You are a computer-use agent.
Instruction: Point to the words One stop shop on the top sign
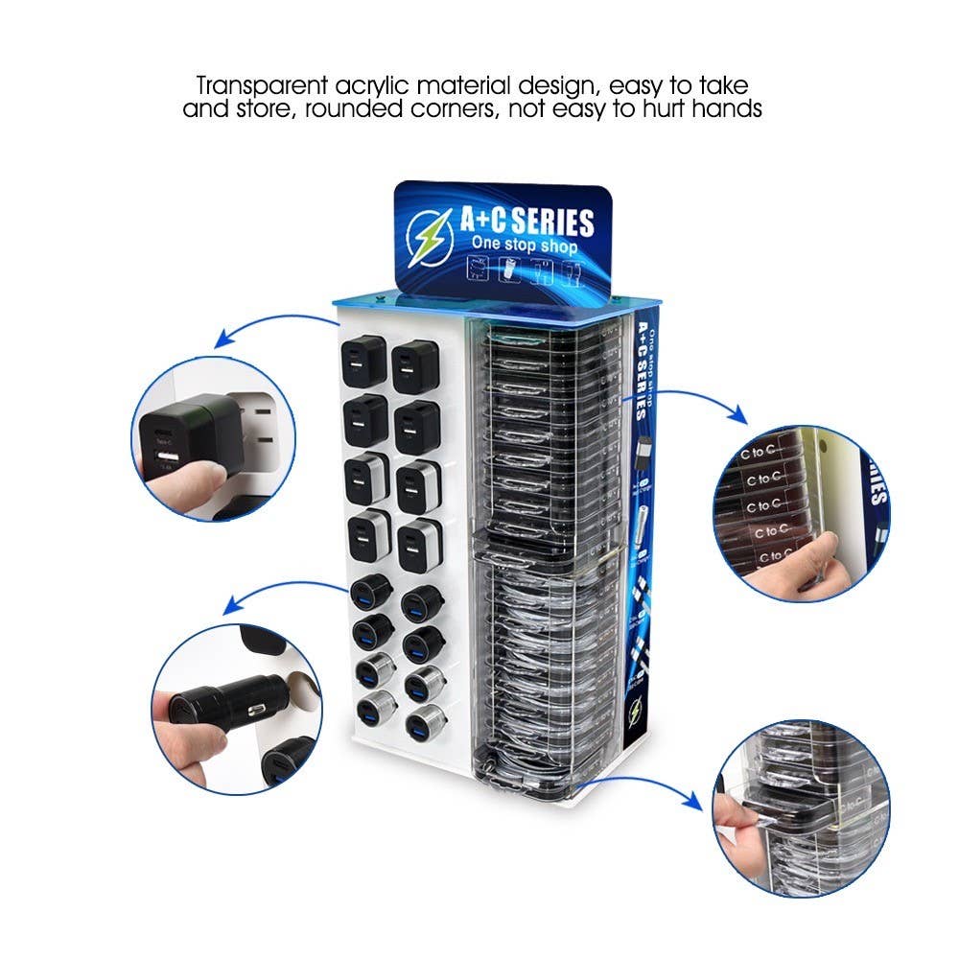(524, 246)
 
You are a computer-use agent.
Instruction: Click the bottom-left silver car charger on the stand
(372, 710)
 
